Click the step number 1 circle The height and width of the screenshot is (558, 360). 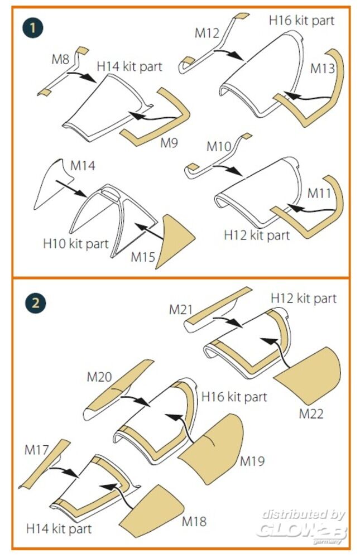click(35, 28)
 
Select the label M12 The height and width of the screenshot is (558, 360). click(207, 33)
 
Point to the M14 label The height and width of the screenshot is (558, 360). click(83, 166)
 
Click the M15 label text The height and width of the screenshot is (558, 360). click(143, 257)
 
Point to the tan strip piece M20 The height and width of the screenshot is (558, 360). click(119, 390)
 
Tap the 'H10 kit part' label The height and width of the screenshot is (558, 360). click(75, 244)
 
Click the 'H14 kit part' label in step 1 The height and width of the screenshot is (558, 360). click(129, 66)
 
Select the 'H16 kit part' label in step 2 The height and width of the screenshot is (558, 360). click(234, 397)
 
